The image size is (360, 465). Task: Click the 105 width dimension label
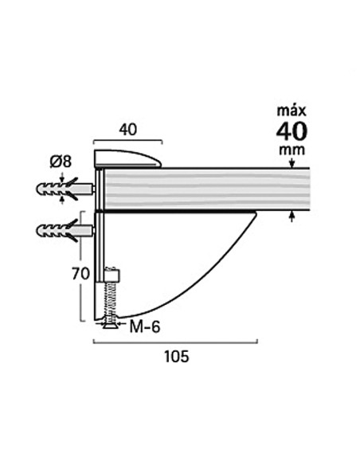(x=177, y=356)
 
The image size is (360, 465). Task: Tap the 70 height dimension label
(x=80, y=274)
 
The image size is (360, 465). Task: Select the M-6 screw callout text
(x=145, y=327)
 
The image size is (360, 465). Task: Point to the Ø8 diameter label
(x=61, y=162)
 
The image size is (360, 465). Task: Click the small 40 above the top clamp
(x=127, y=130)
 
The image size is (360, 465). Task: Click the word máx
(x=292, y=111)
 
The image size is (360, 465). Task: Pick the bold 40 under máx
(x=292, y=131)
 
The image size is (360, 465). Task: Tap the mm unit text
(x=292, y=150)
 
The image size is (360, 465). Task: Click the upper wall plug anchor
(x=65, y=189)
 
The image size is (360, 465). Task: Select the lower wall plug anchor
(x=65, y=231)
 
